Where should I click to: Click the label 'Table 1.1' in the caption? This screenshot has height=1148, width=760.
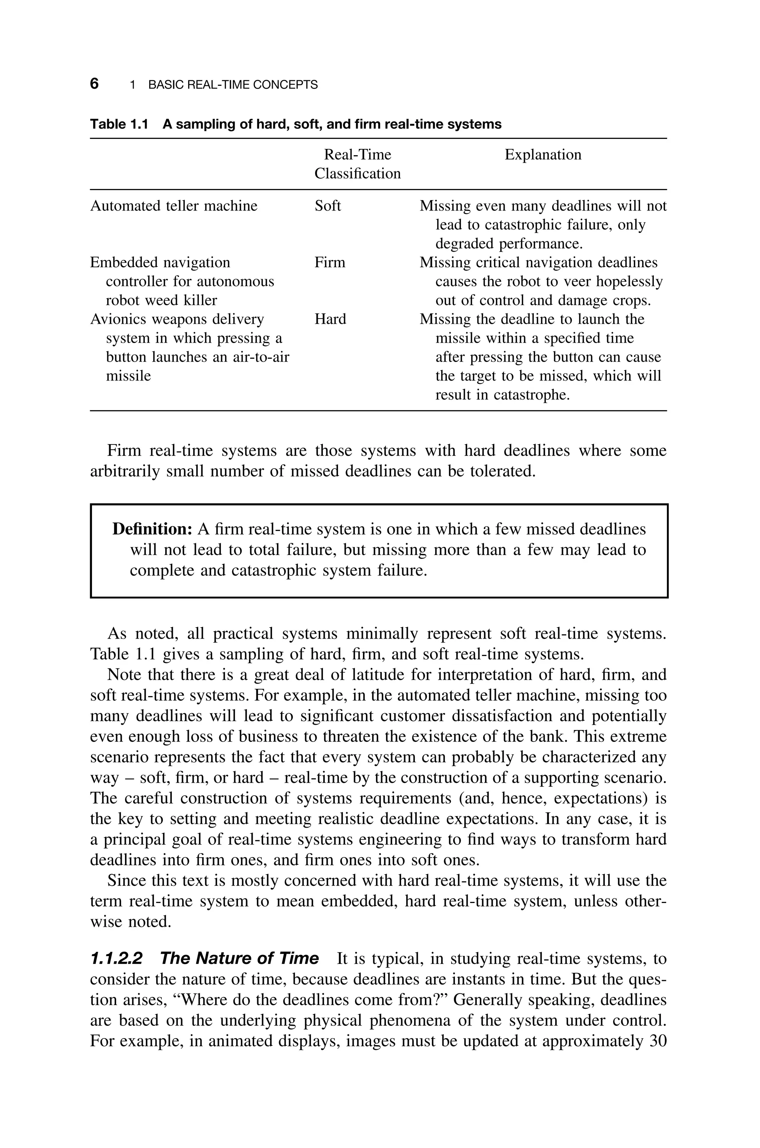[x=118, y=125]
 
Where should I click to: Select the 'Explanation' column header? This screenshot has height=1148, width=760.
[x=543, y=155]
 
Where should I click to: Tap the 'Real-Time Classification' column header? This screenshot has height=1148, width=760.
[x=357, y=164]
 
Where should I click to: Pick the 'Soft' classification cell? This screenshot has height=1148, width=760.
[x=328, y=206]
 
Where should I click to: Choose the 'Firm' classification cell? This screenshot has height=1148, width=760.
[x=330, y=263]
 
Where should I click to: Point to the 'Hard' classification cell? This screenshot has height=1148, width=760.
[x=330, y=319]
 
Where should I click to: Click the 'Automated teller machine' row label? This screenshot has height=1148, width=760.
[x=174, y=206]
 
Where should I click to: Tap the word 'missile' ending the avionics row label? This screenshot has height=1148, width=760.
[x=128, y=376]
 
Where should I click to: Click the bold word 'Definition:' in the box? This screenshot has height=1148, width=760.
[x=153, y=529]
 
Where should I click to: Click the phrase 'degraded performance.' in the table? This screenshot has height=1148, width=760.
[x=508, y=244]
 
